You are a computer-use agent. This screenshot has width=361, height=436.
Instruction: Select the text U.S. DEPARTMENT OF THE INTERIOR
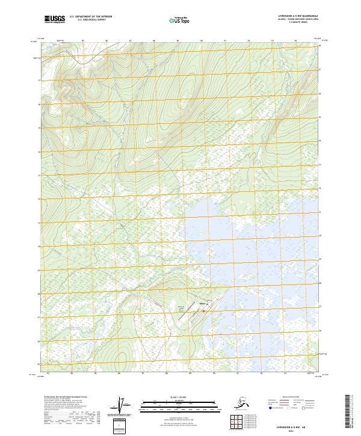[89, 17]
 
